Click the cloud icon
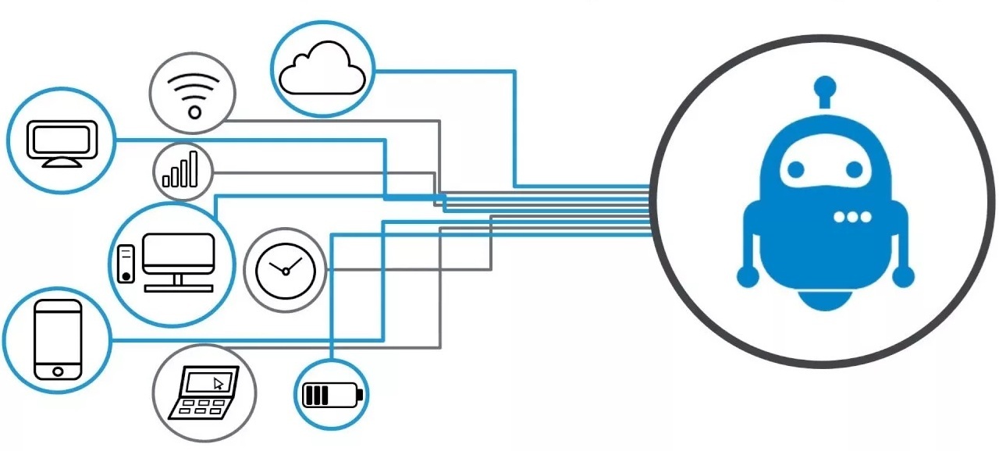pos(322,69)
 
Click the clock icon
pos(285,270)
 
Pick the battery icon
pos(332,395)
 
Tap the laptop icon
pos(205,393)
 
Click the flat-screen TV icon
pos(62,143)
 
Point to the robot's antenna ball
pos(824,85)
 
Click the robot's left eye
pos(795,169)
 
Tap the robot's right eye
pos(854,169)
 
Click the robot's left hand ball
pos(747,275)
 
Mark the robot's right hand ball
pos(904,275)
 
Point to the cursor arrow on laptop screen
pos(219,383)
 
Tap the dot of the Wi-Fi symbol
pos(194,112)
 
